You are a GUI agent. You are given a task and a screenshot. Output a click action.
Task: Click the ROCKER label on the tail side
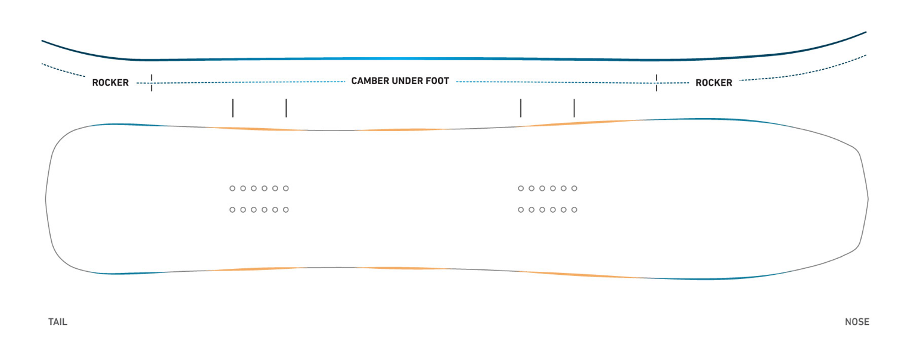coord(110,83)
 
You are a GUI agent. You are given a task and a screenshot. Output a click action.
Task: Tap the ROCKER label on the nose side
coord(714,83)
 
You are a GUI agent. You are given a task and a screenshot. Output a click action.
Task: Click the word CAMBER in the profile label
coord(369,81)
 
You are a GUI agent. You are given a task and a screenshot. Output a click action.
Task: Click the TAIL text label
coord(58,322)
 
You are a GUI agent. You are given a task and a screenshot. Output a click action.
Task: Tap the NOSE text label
coord(857,322)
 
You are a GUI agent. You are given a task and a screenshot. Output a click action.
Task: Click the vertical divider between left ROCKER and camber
coord(151,83)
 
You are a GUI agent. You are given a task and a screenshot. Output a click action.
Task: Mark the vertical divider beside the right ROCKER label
coord(656,83)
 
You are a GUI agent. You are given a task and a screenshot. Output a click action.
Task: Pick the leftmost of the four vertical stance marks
coord(232,108)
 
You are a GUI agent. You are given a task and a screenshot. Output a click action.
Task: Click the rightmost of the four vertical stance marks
coord(574,108)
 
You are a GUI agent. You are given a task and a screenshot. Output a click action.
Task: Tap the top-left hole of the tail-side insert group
coord(232,188)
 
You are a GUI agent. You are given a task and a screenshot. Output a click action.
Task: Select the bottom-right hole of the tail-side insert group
coord(286,210)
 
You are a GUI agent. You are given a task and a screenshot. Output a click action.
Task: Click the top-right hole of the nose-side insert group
coord(574,188)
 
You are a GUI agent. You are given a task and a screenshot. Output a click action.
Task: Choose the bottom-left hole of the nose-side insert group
coord(521,210)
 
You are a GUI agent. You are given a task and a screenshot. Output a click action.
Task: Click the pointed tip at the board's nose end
coord(868,198)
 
